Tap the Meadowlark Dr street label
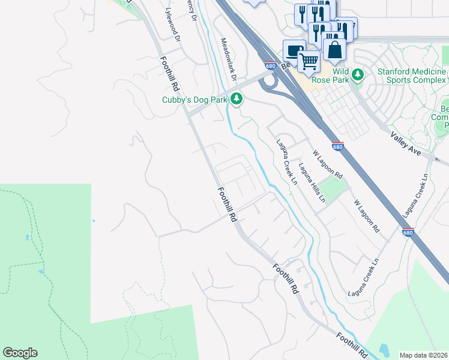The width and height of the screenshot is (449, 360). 229,61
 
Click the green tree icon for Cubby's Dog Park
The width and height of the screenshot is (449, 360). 237,98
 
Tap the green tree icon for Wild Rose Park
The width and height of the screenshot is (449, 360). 358,75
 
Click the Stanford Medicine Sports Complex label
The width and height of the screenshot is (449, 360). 412,76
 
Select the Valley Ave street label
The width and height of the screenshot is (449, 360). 406,144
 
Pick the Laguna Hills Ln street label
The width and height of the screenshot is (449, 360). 312,182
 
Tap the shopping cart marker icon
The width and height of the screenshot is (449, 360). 309,61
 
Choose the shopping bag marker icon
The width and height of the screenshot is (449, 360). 334,50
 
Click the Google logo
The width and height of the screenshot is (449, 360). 20,353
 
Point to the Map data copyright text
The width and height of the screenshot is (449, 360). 424,355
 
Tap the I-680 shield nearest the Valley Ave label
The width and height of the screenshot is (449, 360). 338,146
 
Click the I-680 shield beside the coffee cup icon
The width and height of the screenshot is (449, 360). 270,66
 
